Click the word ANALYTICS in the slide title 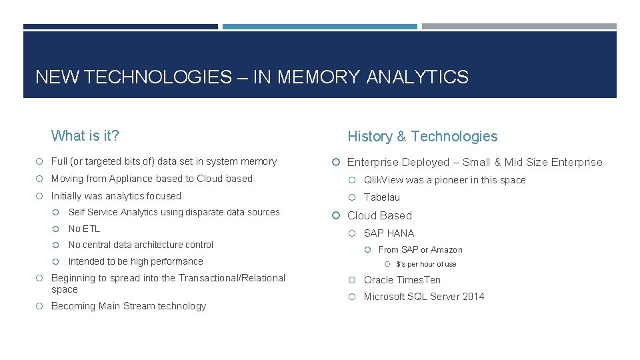point(417,77)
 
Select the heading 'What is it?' point(85,136)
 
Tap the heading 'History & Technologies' point(422,136)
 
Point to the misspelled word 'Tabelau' point(382,197)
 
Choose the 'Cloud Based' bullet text point(379,215)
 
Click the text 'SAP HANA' point(389,233)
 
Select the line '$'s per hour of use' point(426,264)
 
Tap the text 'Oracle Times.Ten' point(402,280)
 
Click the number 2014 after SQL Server point(472,297)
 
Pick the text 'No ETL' point(84,229)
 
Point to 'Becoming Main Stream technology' point(129,306)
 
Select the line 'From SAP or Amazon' point(420,249)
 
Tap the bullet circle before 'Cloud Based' point(337,215)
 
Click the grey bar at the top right point(519,27)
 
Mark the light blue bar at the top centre point(319,27)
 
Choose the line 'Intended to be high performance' point(135,261)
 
